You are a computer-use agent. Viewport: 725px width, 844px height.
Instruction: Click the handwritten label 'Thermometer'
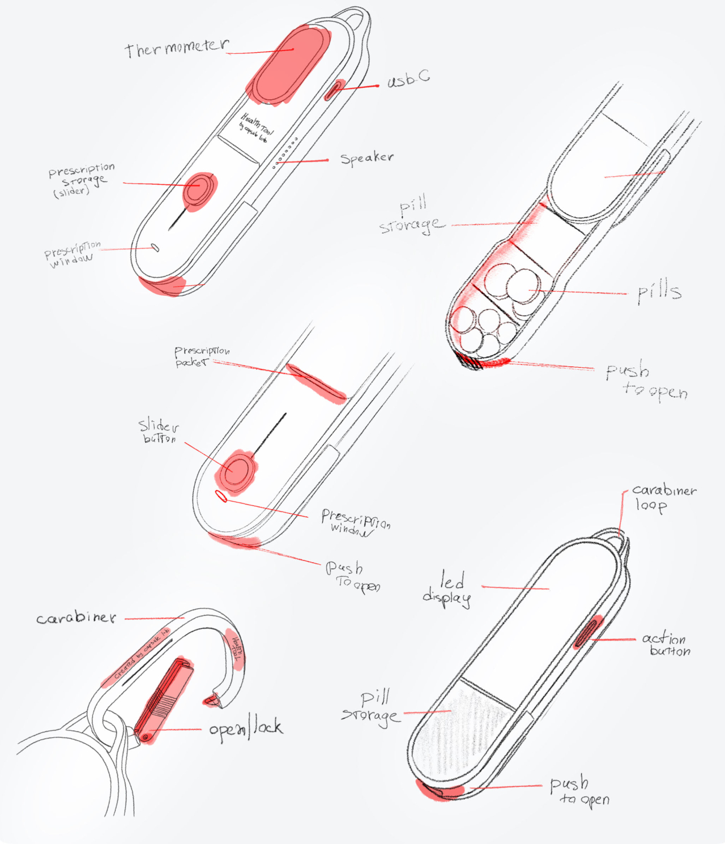click(177, 48)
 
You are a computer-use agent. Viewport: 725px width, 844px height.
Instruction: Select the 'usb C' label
click(408, 79)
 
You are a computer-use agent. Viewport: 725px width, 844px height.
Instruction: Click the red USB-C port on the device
click(335, 89)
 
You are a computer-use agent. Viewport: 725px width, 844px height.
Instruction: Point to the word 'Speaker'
click(366, 158)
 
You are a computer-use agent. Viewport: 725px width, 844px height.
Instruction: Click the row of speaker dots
click(285, 152)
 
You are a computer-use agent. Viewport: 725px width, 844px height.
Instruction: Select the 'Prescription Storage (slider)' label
click(80, 180)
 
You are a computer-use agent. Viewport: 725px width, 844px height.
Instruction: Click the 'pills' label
click(659, 291)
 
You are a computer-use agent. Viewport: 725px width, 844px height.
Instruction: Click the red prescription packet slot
click(316, 383)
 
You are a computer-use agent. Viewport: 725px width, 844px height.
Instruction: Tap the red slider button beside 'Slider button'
click(237, 470)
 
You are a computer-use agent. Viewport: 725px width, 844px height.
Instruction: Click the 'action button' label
click(666, 644)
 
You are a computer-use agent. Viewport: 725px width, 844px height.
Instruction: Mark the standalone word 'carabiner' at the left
click(76, 617)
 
